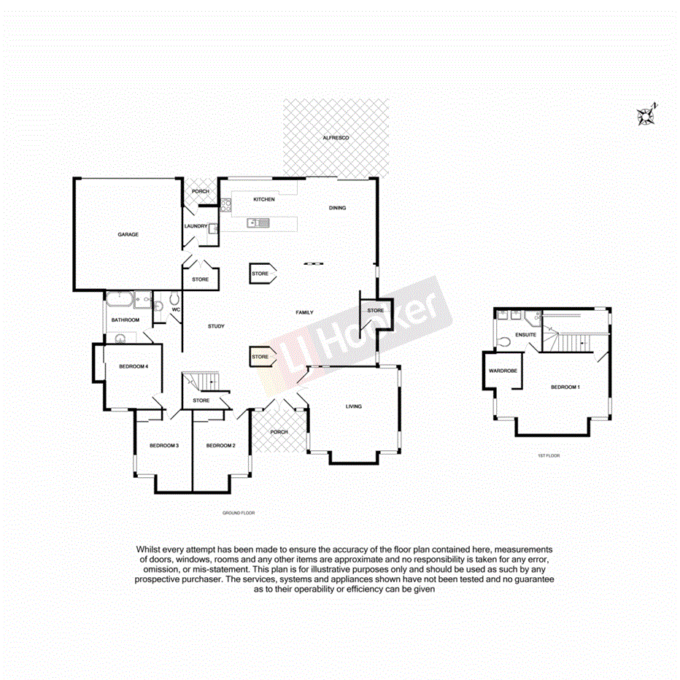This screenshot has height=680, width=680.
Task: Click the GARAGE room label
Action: pos(128,235)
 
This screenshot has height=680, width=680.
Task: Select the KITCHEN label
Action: pos(263,199)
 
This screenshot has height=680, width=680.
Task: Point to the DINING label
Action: pos(337,208)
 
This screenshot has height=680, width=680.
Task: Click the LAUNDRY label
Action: pos(196,226)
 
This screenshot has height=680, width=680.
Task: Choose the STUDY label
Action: pos(215,326)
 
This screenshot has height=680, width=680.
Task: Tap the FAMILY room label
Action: pos(304,312)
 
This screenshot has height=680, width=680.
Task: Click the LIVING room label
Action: pos(353,406)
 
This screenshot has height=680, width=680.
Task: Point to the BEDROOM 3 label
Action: pos(164,446)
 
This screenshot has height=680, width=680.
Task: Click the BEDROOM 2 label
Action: pos(220,446)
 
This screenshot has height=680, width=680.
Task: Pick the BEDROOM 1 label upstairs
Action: pos(565,387)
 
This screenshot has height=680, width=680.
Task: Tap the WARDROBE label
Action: pos(503,371)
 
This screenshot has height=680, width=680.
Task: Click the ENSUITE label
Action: pos(525,335)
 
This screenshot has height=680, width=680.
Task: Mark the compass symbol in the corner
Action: pos(646,115)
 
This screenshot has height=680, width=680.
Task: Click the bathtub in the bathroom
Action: pos(117,299)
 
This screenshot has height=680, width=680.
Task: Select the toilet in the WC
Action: pos(174,300)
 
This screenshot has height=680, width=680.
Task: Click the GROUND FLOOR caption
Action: pos(239,514)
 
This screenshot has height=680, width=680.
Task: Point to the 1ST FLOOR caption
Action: pos(548,456)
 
